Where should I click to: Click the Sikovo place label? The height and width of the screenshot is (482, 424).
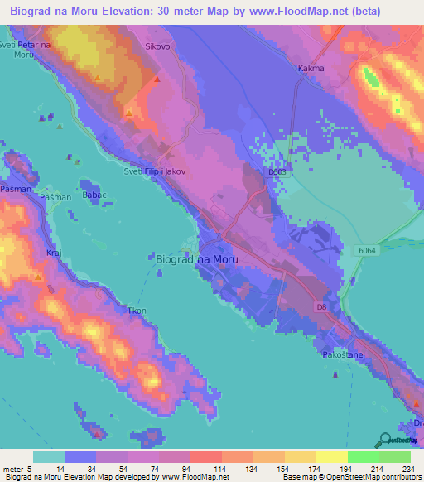coord(157,47)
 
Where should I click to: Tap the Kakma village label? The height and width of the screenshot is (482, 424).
coord(311,69)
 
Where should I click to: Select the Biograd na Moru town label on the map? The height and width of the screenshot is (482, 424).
coord(197,259)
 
